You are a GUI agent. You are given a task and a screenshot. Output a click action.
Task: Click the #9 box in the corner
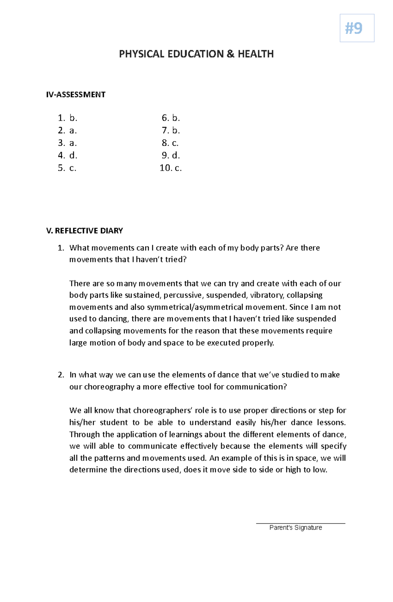(x=357, y=28)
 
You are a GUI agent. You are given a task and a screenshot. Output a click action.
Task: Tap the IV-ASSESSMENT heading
(x=76, y=95)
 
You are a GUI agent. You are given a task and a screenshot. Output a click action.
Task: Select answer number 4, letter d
(x=73, y=155)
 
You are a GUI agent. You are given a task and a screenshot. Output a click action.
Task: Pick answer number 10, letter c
(x=178, y=168)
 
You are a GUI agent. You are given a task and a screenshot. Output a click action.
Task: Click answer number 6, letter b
(x=176, y=118)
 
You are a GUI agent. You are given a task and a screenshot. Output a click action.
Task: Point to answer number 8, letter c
(x=175, y=143)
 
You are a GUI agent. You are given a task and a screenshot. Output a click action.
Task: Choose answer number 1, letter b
(x=73, y=118)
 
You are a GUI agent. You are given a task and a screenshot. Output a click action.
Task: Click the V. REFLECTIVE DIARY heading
(x=84, y=231)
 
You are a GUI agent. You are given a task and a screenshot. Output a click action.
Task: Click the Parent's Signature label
(x=295, y=528)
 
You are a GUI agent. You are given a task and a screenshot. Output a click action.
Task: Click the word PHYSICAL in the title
(x=142, y=54)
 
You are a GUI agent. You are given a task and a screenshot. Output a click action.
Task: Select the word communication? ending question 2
(x=256, y=387)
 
